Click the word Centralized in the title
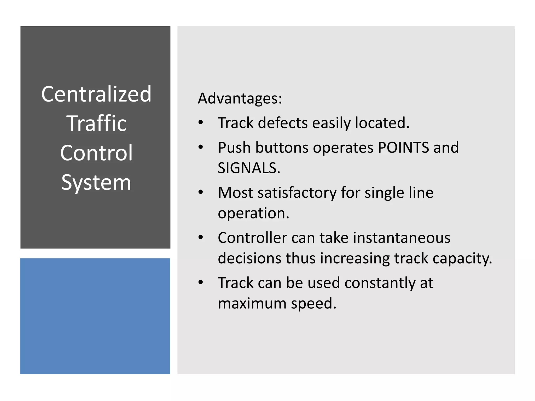click(x=96, y=94)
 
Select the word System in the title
click(x=96, y=182)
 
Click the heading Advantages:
click(x=240, y=99)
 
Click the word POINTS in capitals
click(x=403, y=148)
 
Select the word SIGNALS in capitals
click(x=249, y=168)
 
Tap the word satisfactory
click(x=297, y=193)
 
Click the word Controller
click(x=252, y=238)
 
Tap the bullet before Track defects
click(x=200, y=122)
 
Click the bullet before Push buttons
click(x=200, y=147)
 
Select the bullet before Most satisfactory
click(x=200, y=192)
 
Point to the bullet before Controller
click(x=200, y=238)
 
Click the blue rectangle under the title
click(x=95, y=316)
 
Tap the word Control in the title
click(x=96, y=153)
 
